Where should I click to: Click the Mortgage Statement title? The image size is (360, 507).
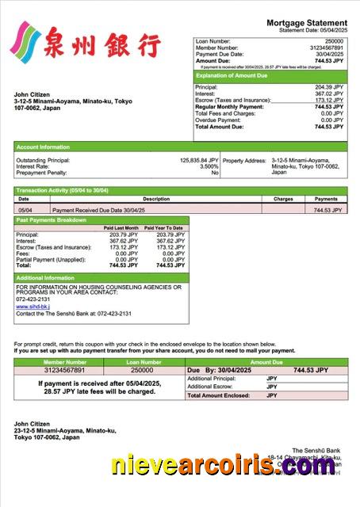coord(306,23)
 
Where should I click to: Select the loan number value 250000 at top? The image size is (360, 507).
coord(334,40)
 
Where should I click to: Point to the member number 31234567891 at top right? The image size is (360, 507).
coord(325,48)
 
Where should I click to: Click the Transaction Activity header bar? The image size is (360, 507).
coord(63,191)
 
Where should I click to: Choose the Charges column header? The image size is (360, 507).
coord(283,199)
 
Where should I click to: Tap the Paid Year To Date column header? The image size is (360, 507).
coord(164,228)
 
